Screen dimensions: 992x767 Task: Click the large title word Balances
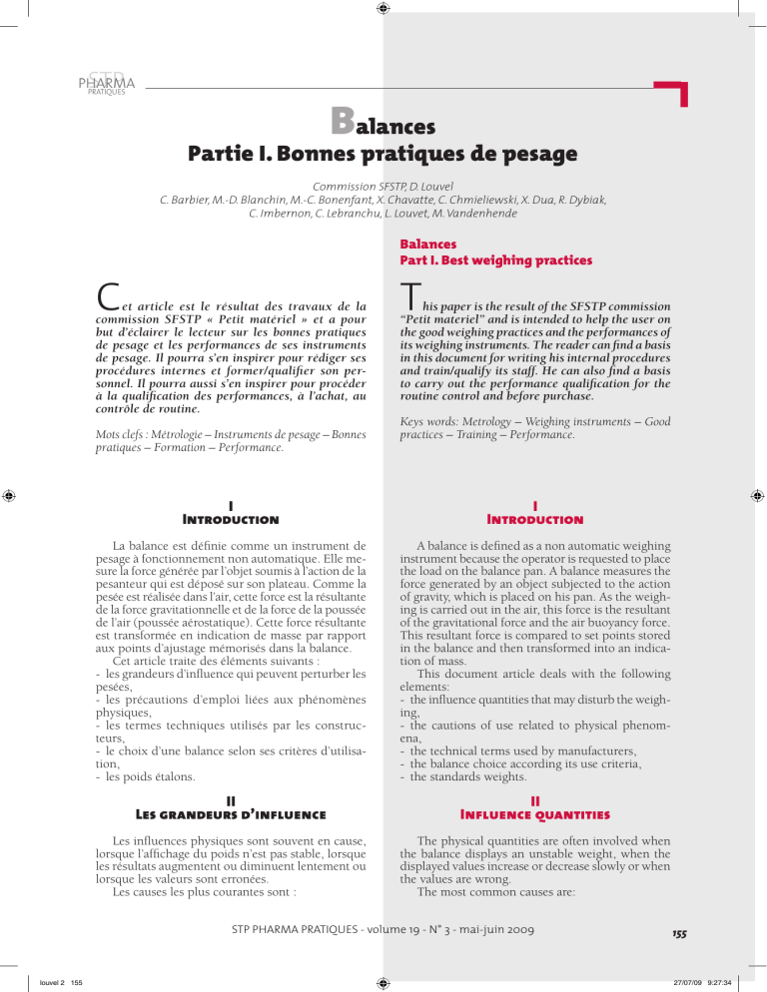383,126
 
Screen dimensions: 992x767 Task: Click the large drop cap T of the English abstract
408,292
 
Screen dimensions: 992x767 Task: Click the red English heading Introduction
536,520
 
